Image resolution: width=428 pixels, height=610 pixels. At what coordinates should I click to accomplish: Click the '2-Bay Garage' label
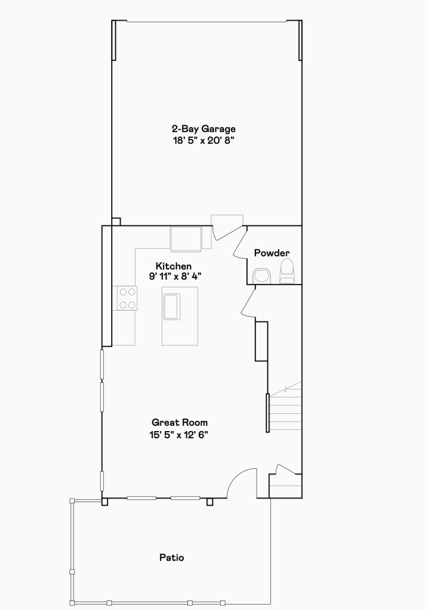(204, 129)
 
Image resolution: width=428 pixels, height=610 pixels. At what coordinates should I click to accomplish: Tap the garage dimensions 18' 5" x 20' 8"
(204, 141)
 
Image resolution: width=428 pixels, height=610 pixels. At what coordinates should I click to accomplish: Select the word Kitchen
(174, 266)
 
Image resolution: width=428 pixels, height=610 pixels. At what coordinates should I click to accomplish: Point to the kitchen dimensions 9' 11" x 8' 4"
(175, 276)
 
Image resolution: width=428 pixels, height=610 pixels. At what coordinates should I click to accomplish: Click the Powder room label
(272, 253)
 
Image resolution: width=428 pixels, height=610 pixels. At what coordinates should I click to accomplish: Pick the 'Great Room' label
(180, 423)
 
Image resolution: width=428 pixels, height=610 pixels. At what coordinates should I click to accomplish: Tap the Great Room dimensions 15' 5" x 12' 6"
(178, 435)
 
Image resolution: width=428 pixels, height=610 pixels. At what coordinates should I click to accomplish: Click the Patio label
(172, 558)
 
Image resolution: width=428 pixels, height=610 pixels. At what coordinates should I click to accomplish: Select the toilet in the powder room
(287, 271)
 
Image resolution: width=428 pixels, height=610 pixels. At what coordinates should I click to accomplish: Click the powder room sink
(261, 276)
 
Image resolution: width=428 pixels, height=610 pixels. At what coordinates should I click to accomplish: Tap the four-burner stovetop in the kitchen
(125, 298)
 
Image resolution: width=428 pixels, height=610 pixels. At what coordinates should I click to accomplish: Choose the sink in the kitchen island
(172, 307)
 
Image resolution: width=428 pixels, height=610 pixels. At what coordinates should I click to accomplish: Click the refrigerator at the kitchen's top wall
(186, 239)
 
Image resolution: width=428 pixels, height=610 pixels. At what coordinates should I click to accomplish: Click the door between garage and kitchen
(227, 232)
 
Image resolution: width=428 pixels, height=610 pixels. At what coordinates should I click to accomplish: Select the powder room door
(240, 243)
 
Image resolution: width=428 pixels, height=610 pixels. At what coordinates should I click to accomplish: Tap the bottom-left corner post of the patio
(72, 603)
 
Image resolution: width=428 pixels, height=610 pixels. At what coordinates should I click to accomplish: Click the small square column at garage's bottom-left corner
(116, 222)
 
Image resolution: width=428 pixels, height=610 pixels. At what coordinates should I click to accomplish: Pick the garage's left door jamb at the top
(114, 41)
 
